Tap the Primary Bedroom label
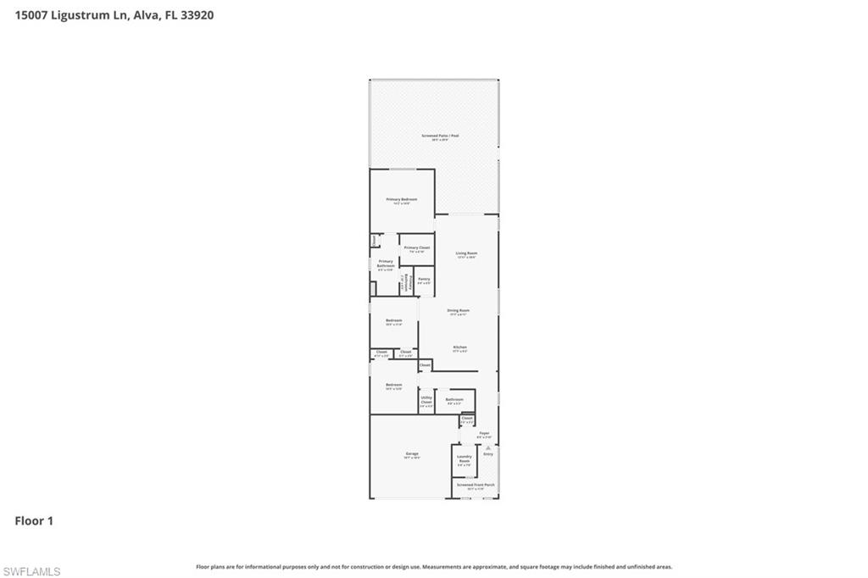click(x=402, y=199)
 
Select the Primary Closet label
click(x=417, y=247)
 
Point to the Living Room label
click(x=466, y=253)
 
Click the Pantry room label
click(x=424, y=279)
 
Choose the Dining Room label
click(x=459, y=310)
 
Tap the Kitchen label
click(x=459, y=347)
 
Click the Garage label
click(x=412, y=453)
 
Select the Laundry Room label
click(x=464, y=459)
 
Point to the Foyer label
click(x=484, y=433)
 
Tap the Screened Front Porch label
click(x=475, y=485)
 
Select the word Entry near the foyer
click(x=488, y=454)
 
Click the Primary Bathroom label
click(x=385, y=264)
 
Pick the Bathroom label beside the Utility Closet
click(x=454, y=399)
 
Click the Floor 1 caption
click(x=34, y=521)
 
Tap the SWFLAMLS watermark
click(x=31, y=571)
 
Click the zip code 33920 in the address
click(x=197, y=14)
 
